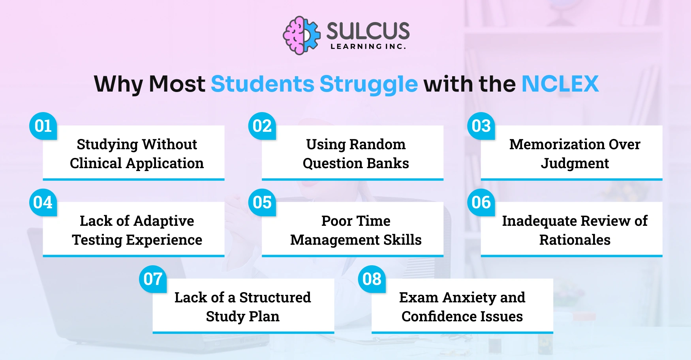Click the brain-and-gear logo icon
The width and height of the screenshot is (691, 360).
pyautogui.click(x=302, y=36)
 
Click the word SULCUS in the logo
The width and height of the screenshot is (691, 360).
pyautogui.click(x=368, y=31)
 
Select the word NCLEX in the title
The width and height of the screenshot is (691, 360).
pyautogui.click(x=560, y=84)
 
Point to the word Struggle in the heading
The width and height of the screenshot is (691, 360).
pyautogui.click(x=368, y=84)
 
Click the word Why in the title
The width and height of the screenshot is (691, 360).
pyautogui.click(x=118, y=84)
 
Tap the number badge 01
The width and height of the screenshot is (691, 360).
pyautogui.click(x=43, y=126)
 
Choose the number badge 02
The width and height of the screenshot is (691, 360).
pyautogui.click(x=262, y=126)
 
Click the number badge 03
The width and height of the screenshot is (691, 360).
pyautogui.click(x=481, y=126)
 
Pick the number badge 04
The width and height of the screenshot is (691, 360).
pyautogui.click(x=43, y=202)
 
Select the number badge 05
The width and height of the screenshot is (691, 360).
pyautogui.click(x=262, y=202)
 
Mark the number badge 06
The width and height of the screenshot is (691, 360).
pyautogui.click(x=481, y=202)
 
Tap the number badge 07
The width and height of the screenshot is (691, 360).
pyautogui.click(x=153, y=279)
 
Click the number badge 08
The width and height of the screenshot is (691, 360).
pyautogui.click(x=372, y=279)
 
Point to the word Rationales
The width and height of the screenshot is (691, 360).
pyautogui.click(x=575, y=240)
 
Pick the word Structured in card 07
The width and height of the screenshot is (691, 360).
pyautogui.click(x=275, y=298)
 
